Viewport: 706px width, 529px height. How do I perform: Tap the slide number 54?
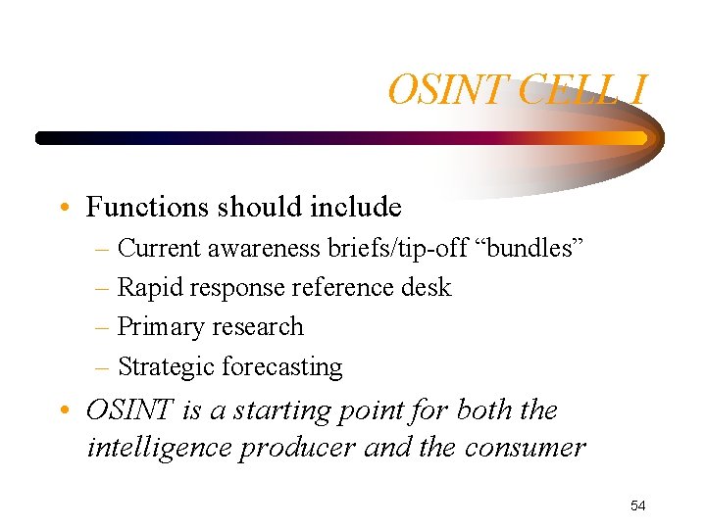(x=638, y=505)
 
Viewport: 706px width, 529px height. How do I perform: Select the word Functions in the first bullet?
(x=148, y=208)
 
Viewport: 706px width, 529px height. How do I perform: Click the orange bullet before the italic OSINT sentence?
(x=64, y=410)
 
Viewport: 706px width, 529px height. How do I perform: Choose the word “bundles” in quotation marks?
(x=531, y=249)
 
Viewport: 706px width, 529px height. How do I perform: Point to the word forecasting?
(x=282, y=367)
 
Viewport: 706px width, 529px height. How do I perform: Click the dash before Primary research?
(x=105, y=328)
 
